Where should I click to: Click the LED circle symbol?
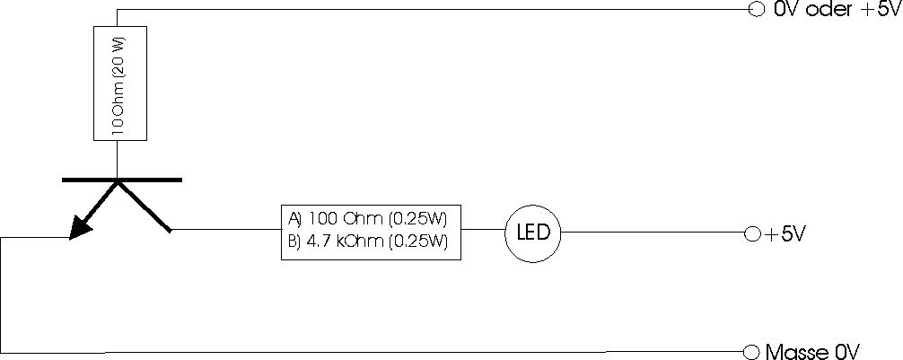click(x=532, y=233)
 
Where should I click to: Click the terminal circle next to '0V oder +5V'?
click(x=755, y=10)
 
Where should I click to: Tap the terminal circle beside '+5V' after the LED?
click(x=752, y=233)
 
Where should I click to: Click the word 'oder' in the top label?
click(x=831, y=11)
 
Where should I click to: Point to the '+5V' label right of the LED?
click(x=786, y=234)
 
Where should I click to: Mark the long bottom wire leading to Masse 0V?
click(x=359, y=349)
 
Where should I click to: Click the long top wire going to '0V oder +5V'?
click(x=431, y=10)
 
